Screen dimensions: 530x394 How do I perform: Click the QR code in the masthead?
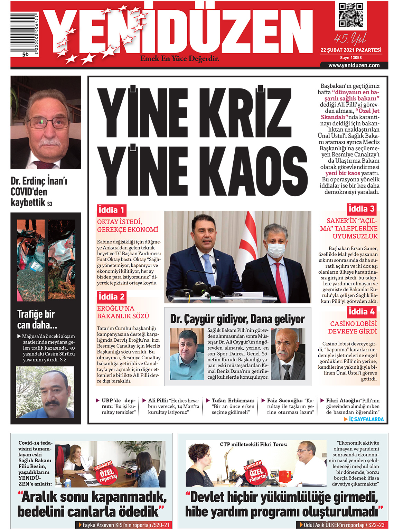[x=351, y=15]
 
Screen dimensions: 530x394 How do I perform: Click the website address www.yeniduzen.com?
[x=354, y=65]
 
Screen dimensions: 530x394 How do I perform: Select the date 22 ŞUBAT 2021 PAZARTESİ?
[x=351, y=50]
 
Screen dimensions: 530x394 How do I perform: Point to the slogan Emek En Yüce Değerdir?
[x=179, y=59]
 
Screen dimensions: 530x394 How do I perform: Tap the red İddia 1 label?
[x=111, y=210]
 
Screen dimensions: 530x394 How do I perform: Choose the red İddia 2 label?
[x=111, y=297]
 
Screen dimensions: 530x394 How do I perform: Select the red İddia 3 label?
[x=362, y=209]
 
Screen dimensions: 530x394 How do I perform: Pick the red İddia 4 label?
[x=362, y=312]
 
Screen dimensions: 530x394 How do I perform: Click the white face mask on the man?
[x=275, y=249]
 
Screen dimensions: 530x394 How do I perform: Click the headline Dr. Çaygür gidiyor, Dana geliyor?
[x=237, y=319]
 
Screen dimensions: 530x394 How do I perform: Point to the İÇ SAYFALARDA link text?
[x=366, y=419]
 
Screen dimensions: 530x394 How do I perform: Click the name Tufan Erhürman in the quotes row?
[x=233, y=400]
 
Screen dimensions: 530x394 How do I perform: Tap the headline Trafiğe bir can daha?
[x=37, y=319]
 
